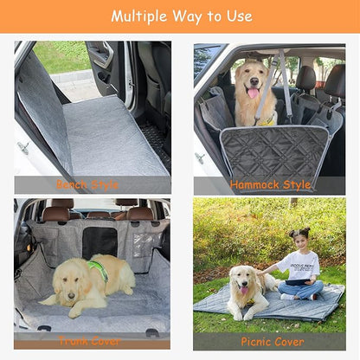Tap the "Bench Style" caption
point(88,184)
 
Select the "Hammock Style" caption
point(270,184)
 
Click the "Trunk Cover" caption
point(89,340)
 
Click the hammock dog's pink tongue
point(253,93)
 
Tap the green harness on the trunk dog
point(99,270)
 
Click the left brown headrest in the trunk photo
point(58,213)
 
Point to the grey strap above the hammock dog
point(285,87)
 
